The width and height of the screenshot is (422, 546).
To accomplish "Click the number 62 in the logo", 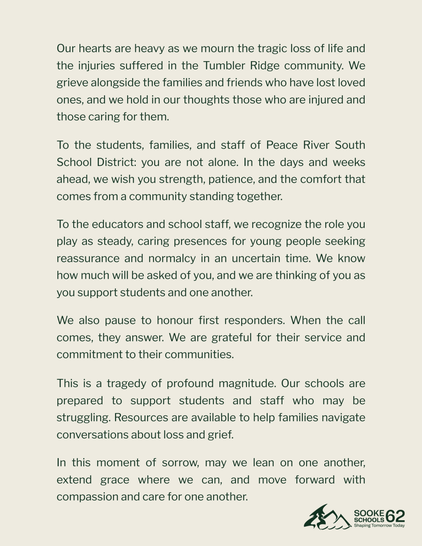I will [x=395, y=516].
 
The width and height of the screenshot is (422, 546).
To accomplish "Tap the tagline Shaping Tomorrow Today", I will [x=379, y=526].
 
